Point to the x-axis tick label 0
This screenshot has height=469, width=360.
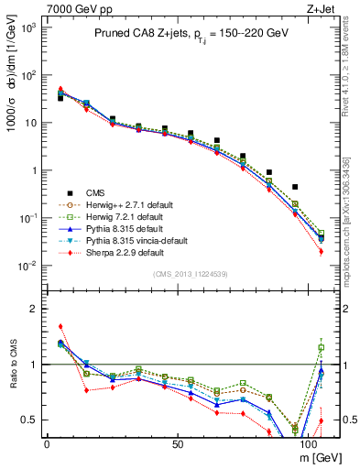pyautogui.click(x=47, y=442)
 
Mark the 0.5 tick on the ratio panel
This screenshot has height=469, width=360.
pyautogui.click(x=30, y=420)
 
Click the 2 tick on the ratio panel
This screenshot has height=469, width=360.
pyautogui.click(x=34, y=309)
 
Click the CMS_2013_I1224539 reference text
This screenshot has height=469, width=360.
pyautogui.click(x=191, y=273)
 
